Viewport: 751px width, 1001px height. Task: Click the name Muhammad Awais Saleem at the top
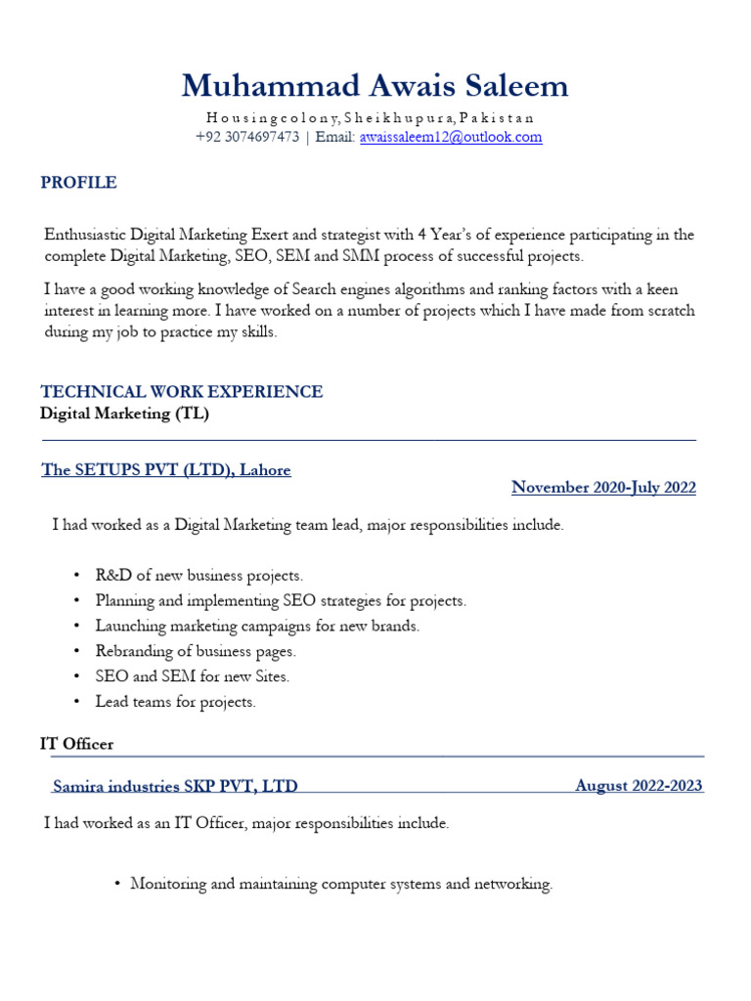tap(375, 86)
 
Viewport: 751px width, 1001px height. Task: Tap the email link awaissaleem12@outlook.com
tap(451, 137)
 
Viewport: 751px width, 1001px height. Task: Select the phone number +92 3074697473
tap(247, 137)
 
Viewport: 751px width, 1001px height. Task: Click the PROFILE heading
tap(78, 183)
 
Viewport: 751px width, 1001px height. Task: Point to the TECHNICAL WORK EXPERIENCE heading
tap(181, 392)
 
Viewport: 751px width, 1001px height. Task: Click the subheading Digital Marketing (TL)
tap(124, 413)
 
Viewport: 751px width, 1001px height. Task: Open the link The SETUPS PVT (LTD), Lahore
tap(166, 470)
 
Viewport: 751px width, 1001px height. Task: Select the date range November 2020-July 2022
tap(603, 488)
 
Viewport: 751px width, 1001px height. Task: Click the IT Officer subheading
tap(76, 744)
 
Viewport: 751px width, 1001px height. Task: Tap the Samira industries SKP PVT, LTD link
tap(175, 786)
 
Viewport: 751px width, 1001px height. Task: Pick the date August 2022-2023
tap(639, 786)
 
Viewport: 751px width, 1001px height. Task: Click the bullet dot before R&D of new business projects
tap(77, 576)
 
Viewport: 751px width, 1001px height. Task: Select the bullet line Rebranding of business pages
tap(196, 651)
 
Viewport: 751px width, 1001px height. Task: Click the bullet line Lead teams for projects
tap(175, 702)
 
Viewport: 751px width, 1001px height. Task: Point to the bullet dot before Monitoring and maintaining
tap(117, 885)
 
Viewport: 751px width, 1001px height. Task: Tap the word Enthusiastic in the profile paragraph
tap(87, 235)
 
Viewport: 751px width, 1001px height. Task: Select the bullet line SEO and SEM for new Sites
tap(193, 676)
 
